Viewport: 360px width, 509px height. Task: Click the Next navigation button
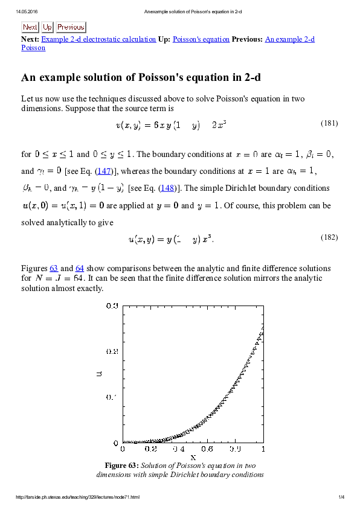(30, 27)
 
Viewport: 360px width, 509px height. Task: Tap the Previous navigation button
(71, 27)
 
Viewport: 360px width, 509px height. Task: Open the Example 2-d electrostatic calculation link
(98, 39)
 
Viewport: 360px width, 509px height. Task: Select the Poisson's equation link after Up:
(201, 39)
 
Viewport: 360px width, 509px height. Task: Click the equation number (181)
(329, 123)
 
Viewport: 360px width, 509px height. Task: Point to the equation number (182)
(329, 237)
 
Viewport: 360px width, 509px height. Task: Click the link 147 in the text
(105, 171)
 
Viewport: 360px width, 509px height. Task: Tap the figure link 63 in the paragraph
(54, 268)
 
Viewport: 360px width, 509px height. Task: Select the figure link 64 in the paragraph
(80, 268)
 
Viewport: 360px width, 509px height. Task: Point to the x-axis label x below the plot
(193, 458)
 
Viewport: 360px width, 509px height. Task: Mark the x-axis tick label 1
(263, 449)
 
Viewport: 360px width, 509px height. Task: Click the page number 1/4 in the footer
(341, 498)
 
